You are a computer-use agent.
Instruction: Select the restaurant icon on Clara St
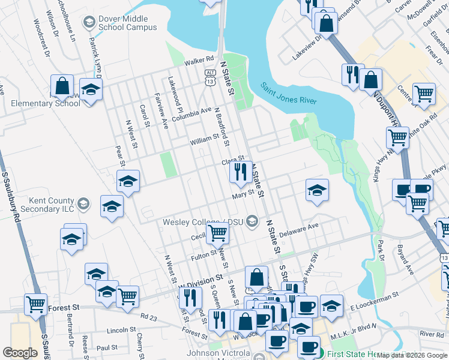[240, 173]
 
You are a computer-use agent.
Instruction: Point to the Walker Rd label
[199, 60]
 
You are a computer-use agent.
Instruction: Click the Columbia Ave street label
[191, 114]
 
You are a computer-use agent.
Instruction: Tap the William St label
[205, 139]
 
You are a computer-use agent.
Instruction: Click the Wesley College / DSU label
[204, 222]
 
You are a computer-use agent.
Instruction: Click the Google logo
[20, 352]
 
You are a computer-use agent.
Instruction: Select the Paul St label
[107, 347]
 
